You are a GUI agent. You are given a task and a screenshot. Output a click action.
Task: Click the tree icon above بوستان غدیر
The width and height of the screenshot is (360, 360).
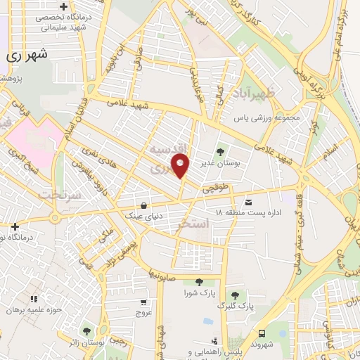[221, 150]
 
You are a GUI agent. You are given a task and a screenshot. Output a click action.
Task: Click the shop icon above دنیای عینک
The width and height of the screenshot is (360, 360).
[144, 206]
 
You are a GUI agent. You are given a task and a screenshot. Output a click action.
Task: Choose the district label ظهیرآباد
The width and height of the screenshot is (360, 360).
[278, 94]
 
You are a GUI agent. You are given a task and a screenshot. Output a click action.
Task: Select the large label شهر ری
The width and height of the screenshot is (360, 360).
[25, 55]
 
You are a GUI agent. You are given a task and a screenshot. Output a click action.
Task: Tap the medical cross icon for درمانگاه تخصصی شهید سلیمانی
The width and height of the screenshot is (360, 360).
[63, 6]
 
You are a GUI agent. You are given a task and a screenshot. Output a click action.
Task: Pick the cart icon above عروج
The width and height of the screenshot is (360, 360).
[143, 302]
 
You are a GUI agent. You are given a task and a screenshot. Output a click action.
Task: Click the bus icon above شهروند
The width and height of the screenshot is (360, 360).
[262, 334]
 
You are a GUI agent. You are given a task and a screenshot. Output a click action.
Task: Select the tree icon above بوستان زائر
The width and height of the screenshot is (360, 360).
[86, 330]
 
